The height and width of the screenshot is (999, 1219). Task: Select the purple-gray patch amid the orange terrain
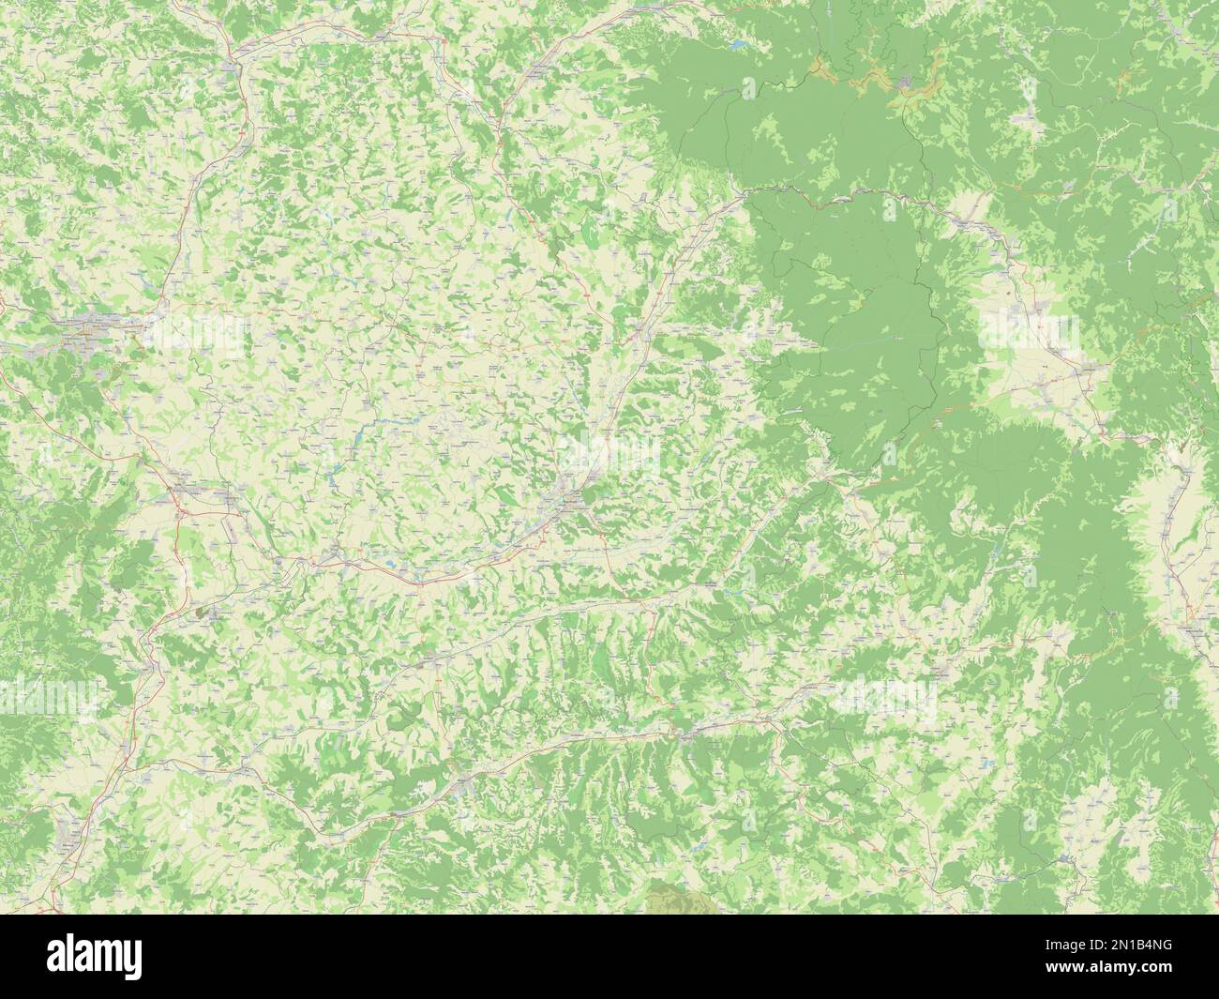point(907,85)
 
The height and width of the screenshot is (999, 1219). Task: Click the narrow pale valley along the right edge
point(1178,525)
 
